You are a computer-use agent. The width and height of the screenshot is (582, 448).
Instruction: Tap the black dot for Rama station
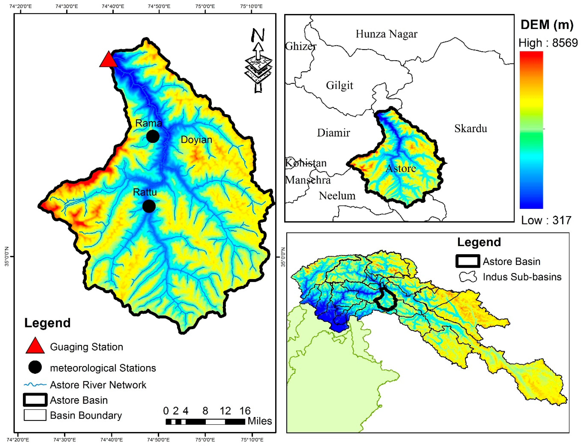click(153, 136)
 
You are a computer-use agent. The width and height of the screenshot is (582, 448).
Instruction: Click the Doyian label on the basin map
click(196, 140)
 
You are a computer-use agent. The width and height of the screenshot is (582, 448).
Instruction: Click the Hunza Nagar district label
click(386, 34)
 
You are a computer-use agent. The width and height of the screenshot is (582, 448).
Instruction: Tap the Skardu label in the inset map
click(471, 129)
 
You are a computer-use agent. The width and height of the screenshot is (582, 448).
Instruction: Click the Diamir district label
click(333, 133)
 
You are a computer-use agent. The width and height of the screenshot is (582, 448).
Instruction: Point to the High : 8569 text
click(548, 43)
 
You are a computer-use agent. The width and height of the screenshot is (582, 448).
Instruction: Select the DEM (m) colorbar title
click(547, 25)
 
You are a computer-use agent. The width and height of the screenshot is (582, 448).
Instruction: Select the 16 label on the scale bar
click(245, 411)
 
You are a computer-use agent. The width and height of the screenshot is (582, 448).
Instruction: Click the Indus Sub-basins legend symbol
click(468, 277)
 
